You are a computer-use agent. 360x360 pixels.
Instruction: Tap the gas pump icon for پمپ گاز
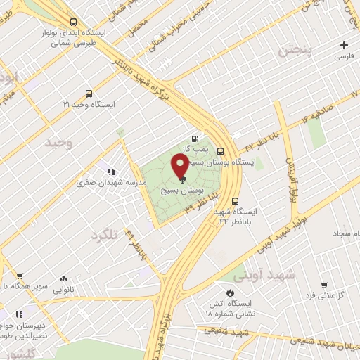click(x=194, y=139)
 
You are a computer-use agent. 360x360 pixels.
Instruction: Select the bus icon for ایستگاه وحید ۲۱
click(x=88, y=93)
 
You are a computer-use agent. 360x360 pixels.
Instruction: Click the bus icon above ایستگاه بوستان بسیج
click(x=221, y=150)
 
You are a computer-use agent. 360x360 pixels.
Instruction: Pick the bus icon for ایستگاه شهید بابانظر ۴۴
click(x=235, y=200)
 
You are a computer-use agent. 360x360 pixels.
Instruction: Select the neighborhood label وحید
click(x=59, y=143)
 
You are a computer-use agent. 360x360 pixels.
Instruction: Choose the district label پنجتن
click(x=292, y=51)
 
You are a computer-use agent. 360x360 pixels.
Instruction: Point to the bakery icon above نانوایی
click(x=64, y=278)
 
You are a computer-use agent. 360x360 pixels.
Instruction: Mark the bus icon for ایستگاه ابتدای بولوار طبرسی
click(x=75, y=22)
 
